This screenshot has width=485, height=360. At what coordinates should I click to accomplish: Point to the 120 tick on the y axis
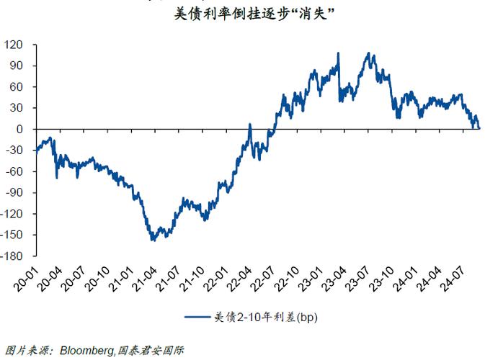tap(15, 45)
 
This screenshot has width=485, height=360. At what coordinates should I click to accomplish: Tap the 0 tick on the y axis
tap(22, 129)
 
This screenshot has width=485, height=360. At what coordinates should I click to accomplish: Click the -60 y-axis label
tap(15, 171)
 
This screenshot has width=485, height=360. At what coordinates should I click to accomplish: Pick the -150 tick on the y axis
tap(13, 235)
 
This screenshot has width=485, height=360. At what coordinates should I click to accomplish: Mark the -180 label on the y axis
tap(13, 256)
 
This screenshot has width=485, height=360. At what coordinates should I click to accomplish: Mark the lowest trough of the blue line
tap(152, 240)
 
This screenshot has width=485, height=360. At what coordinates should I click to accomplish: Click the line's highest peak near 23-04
tap(339, 53)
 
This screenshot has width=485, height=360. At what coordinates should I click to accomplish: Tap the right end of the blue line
tap(479, 127)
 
